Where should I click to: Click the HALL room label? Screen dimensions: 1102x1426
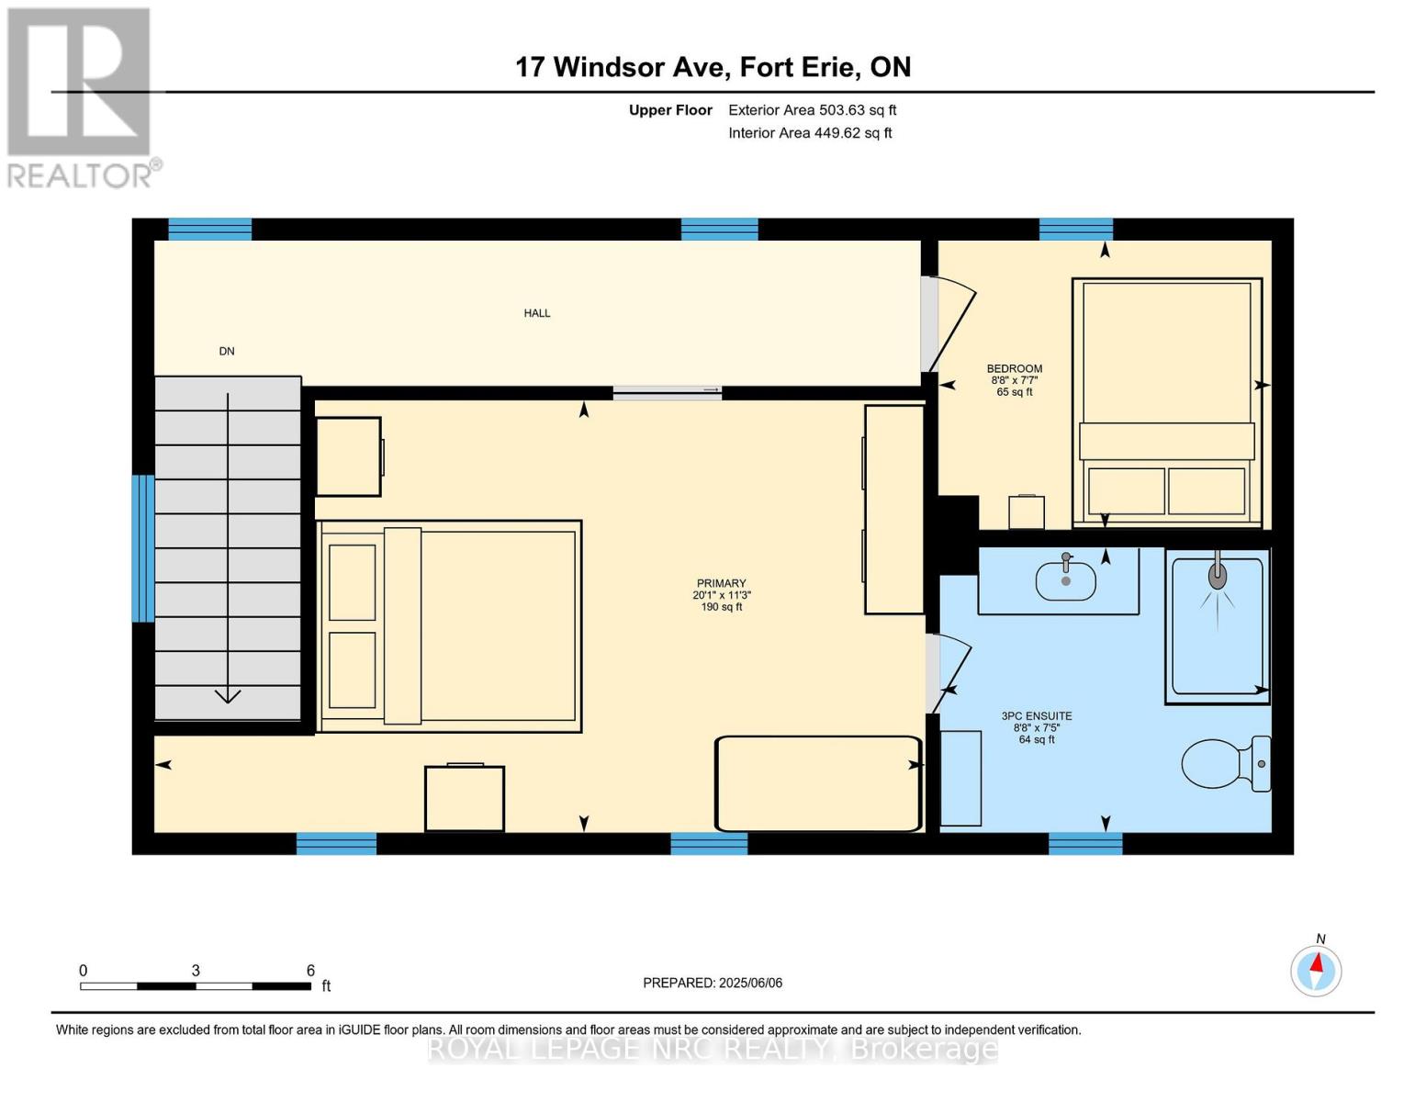click(537, 313)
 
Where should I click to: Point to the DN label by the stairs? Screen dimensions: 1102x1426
click(227, 351)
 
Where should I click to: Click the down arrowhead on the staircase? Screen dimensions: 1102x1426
click(228, 695)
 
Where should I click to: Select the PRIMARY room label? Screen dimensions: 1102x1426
click(721, 583)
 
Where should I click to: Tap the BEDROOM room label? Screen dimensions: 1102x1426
click(1015, 369)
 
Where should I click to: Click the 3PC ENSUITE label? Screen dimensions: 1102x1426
click(1037, 716)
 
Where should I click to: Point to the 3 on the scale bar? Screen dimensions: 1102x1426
click(196, 971)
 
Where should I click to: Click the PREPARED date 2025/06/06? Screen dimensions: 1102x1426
click(713, 983)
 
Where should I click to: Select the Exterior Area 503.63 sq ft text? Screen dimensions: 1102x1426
click(812, 110)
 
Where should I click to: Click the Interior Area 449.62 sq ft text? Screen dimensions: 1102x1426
click(810, 133)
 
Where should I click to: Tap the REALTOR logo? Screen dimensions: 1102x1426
click(81, 96)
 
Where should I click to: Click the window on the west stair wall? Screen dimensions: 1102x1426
click(143, 548)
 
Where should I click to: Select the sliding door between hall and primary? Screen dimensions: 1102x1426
click(668, 392)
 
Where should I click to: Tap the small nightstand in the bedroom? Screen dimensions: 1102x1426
click(1026, 512)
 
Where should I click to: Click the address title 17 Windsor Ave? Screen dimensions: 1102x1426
click(713, 67)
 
